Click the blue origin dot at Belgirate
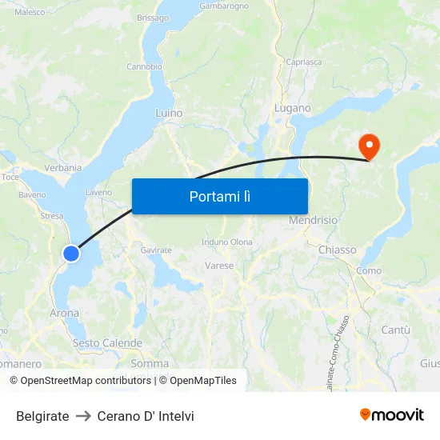[71, 254]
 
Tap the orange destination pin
[370, 146]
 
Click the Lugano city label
[292, 108]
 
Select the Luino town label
[169, 114]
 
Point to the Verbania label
[63, 168]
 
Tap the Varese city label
[219, 266]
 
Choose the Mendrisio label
[313, 220]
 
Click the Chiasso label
[337, 250]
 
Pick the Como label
[369, 271]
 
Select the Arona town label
[65, 313]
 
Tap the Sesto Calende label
[107, 343]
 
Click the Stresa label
[51, 216]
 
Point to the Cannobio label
[145, 66]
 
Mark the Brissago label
[153, 18]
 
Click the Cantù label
[395, 330]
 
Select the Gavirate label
[156, 250]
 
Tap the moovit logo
[392, 415]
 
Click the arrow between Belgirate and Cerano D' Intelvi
[83, 416]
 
